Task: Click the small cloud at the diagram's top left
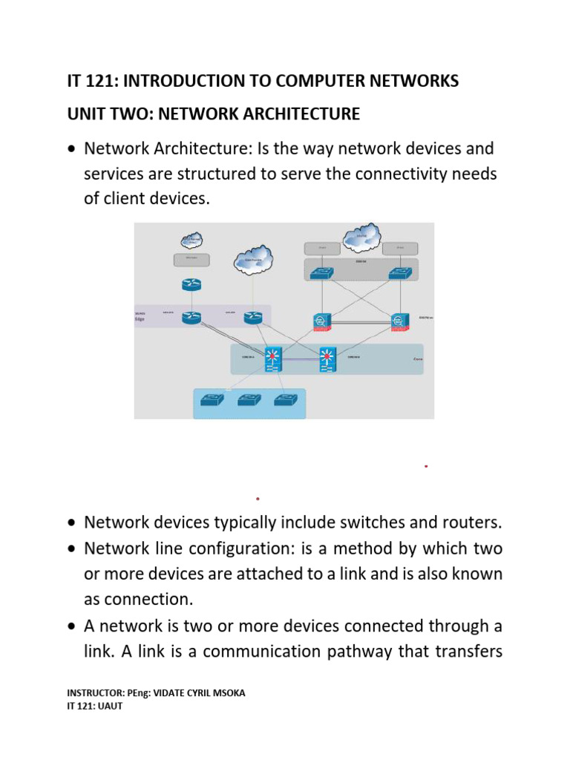point(191,240)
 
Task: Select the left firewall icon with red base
point(321,321)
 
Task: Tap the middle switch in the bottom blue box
point(249,401)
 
